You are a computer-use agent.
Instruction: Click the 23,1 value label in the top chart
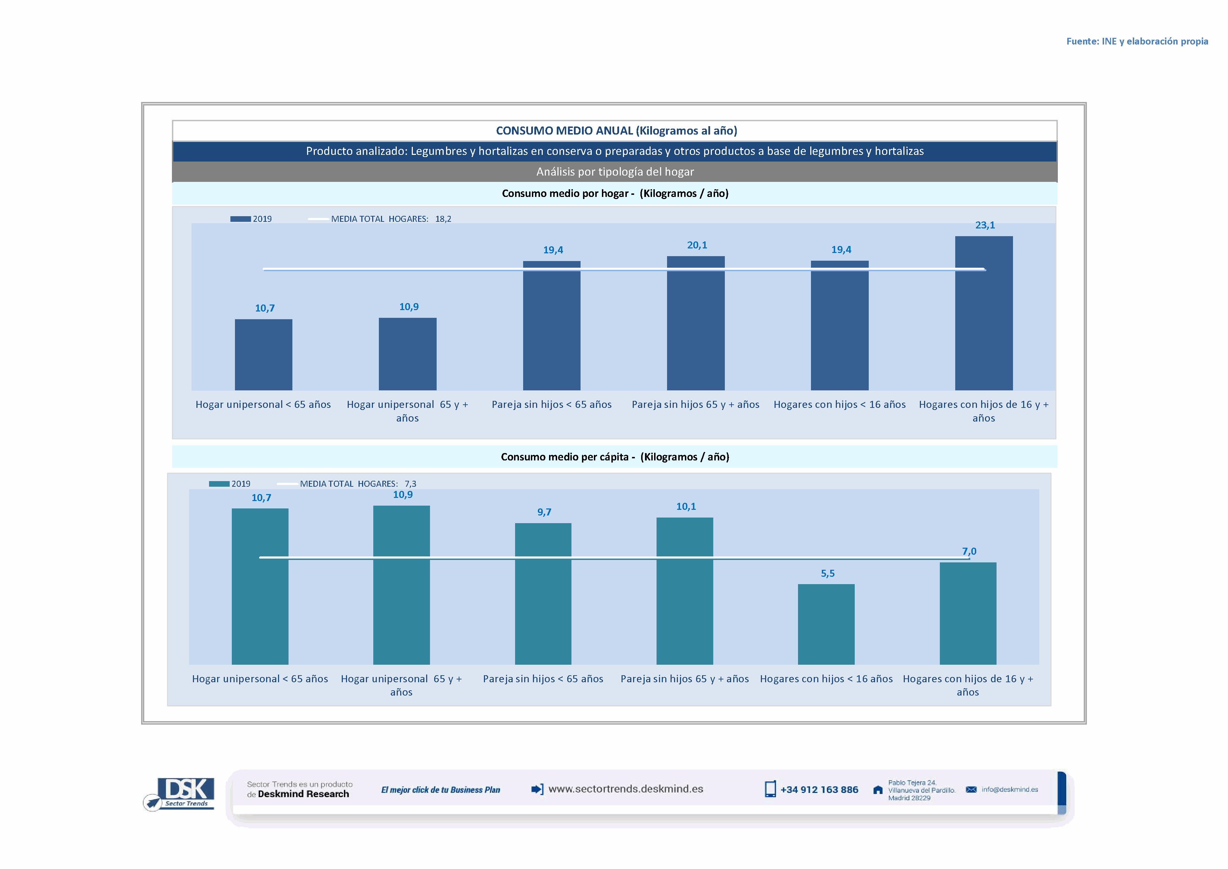click(985, 225)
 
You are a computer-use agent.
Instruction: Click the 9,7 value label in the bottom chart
click(544, 512)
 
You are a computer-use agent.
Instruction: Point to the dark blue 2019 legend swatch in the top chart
click(240, 219)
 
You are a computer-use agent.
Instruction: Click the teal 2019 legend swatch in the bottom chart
click(219, 484)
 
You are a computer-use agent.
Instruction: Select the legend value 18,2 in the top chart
click(443, 219)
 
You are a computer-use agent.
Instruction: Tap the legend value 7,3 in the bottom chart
click(410, 484)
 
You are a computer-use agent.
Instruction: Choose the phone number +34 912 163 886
click(819, 790)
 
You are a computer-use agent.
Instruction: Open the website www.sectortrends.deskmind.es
click(625, 789)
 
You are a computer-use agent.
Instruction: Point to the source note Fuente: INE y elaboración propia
click(1137, 41)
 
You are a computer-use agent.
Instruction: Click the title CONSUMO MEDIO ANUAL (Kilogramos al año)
click(616, 131)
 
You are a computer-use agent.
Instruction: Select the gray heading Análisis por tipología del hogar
click(615, 172)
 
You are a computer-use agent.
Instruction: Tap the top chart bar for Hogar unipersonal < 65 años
click(263, 354)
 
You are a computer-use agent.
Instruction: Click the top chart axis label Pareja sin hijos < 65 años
click(551, 404)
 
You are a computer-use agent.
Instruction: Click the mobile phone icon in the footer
click(770, 789)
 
